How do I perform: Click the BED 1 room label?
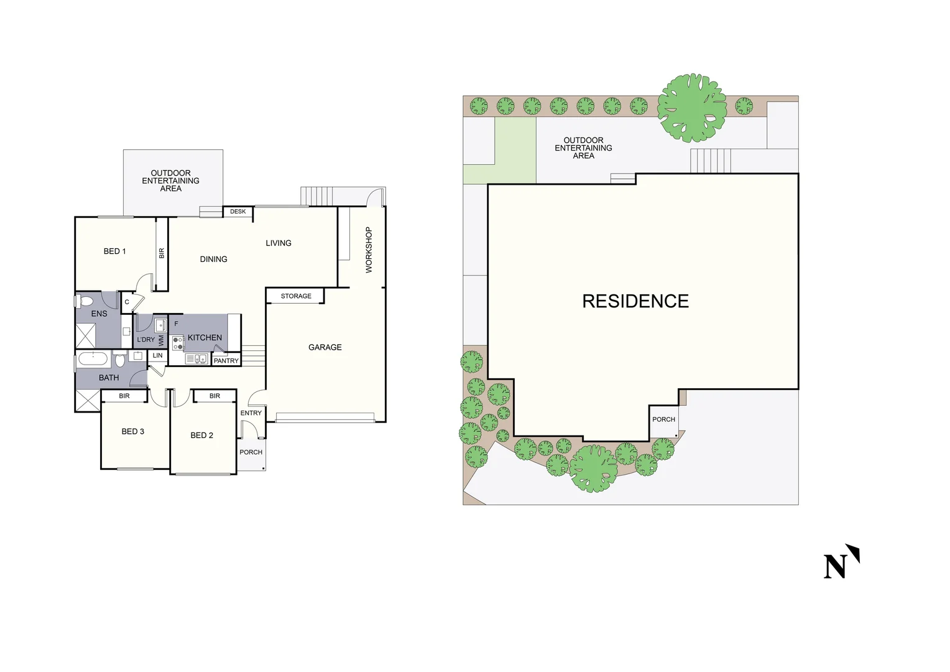114,251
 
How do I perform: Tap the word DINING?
213,259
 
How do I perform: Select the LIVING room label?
279,243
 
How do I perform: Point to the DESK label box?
237,212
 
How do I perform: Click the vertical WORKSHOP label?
369,250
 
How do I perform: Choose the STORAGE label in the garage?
296,296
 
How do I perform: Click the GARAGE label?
325,347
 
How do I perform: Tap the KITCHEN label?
205,338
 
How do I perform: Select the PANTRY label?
226,361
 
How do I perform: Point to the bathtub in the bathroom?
95,359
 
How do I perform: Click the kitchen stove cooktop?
178,343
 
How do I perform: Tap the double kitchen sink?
196,359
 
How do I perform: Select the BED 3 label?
132,432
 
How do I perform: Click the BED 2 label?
201,436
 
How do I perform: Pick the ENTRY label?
251,413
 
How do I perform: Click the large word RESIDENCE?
635,301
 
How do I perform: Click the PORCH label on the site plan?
663,419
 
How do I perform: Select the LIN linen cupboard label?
158,356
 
